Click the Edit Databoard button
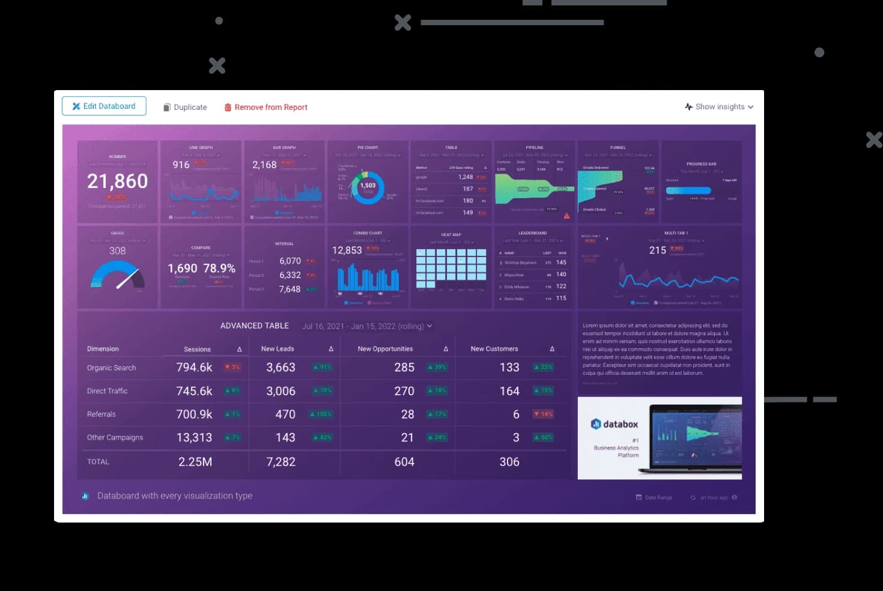point(104,106)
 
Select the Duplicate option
point(185,108)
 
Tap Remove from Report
point(266,108)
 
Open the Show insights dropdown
point(719,107)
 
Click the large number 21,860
point(117,181)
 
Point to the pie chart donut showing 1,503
point(367,188)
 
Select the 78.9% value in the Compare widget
point(219,268)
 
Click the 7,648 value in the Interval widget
point(290,289)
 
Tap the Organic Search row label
point(111,368)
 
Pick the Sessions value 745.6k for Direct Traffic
point(194,391)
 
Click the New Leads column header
point(278,349)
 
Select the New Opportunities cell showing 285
point(404,367)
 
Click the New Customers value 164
point(509,391)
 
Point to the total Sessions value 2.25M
point(195,462)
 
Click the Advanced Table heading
point(254,326)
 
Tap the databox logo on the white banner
point(614,424)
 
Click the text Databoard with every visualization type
point(174,496)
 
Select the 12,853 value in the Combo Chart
point(347,250)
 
